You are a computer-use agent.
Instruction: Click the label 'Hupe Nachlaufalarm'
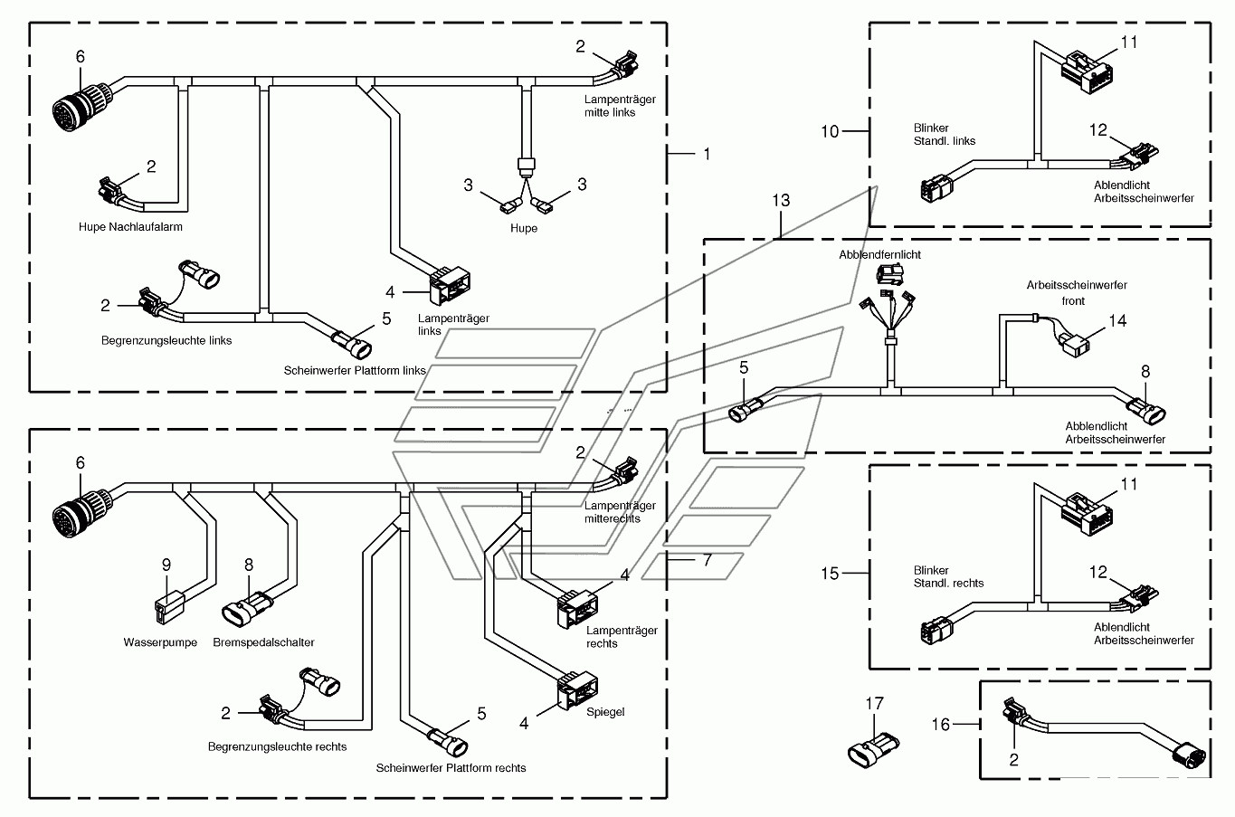(130, 227)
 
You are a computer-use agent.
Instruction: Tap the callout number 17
(874, 703)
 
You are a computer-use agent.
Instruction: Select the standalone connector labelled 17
(873, 750)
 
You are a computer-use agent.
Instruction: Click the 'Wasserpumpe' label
(160, 642)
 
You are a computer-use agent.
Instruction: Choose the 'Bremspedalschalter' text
(263, 642)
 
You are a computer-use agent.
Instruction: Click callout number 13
(781, 200)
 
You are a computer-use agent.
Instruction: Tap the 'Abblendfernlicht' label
(880, 255)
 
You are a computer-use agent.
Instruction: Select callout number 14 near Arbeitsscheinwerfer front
(1117, 321)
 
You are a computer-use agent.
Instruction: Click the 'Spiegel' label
(605, 712)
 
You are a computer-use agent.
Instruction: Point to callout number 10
(830, 132)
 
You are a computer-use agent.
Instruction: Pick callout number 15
(830, 574)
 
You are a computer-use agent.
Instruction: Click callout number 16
(941, 725)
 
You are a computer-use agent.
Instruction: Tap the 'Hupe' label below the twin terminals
(523, 228)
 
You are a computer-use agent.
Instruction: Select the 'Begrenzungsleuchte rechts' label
(278, 747)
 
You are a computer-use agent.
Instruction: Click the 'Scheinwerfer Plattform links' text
(355, 371)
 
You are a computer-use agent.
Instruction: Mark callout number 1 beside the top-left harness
(707, 155)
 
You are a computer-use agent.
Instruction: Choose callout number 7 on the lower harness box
(708, 560)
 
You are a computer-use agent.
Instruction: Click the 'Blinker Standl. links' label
(945, 135)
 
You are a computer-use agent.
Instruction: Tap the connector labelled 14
(1073, 345)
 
